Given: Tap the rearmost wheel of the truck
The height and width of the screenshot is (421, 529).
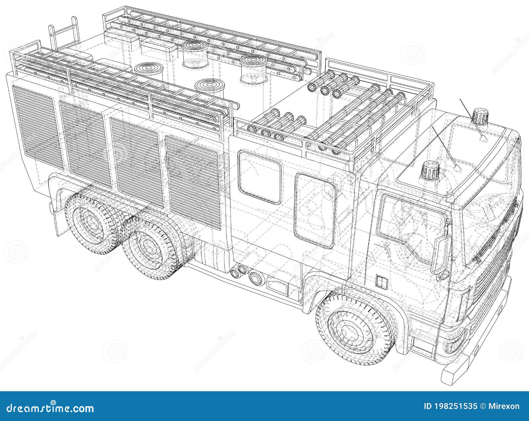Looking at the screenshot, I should tap(92, 224).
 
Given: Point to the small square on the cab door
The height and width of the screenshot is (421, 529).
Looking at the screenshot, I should tap(381, 281).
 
